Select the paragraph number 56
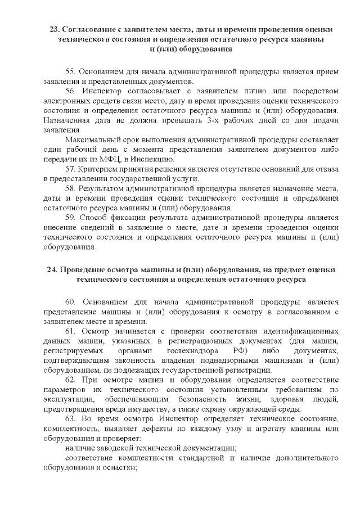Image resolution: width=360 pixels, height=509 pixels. [x=70, y=91]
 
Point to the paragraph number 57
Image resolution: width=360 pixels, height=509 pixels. [x=70, y=169]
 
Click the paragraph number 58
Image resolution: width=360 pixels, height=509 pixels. [x=70, y=188]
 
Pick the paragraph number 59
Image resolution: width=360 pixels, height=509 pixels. [x=70, y=217]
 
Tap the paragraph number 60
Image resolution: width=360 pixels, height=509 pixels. [x=70, y=303]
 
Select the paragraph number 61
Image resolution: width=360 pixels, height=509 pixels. [x=70, y=331]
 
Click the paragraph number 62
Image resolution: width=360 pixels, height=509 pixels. [x=70, y=380]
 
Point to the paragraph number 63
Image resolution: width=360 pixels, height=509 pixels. [x=70, y=418]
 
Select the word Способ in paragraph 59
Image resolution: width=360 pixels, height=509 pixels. [x=92, y=217]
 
